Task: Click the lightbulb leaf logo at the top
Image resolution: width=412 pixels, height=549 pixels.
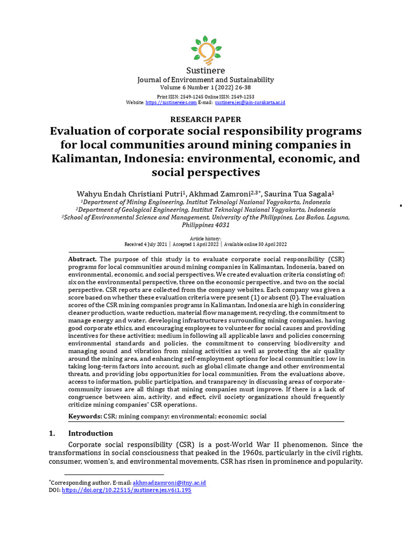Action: click(205, 49)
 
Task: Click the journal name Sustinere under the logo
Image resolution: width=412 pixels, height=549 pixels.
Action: click(205, 70)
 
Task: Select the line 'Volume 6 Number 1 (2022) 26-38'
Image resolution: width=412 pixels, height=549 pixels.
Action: click(205, 87)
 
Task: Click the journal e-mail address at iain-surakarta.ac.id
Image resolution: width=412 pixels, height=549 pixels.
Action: click(249, 102)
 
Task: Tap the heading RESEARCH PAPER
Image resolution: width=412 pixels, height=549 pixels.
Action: click(205, 120)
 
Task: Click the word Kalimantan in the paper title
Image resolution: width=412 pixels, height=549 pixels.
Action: click(86, 159)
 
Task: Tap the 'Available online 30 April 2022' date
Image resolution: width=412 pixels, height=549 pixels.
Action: click(255, 244)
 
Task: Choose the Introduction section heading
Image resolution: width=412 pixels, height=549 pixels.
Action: click(91, 433)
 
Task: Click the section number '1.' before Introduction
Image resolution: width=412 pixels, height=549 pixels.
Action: click(53, 433)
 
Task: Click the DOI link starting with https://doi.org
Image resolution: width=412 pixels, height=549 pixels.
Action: click(127, 490)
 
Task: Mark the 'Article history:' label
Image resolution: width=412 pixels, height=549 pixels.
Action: click(205, 238)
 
